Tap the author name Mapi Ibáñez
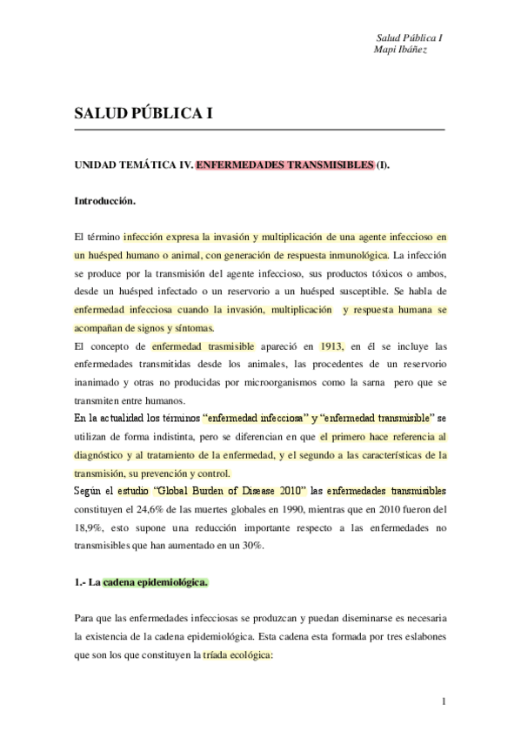(x=399, y=50)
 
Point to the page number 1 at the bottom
(x=443, y=701)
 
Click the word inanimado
(x=102, y=383)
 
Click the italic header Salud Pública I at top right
(x=410, y=38)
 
